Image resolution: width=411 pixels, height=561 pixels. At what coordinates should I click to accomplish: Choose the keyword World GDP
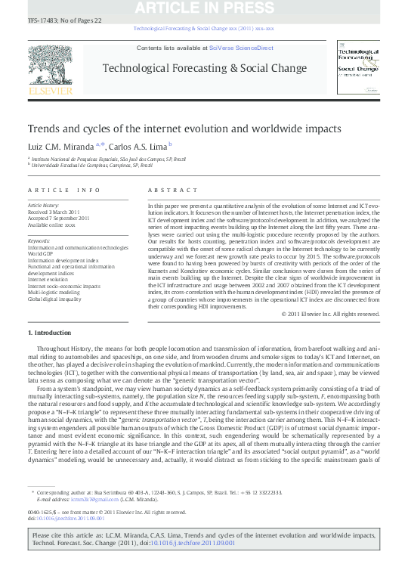pos(42,253)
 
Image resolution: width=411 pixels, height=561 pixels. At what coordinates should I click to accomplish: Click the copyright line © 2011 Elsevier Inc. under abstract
pos(319,314)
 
